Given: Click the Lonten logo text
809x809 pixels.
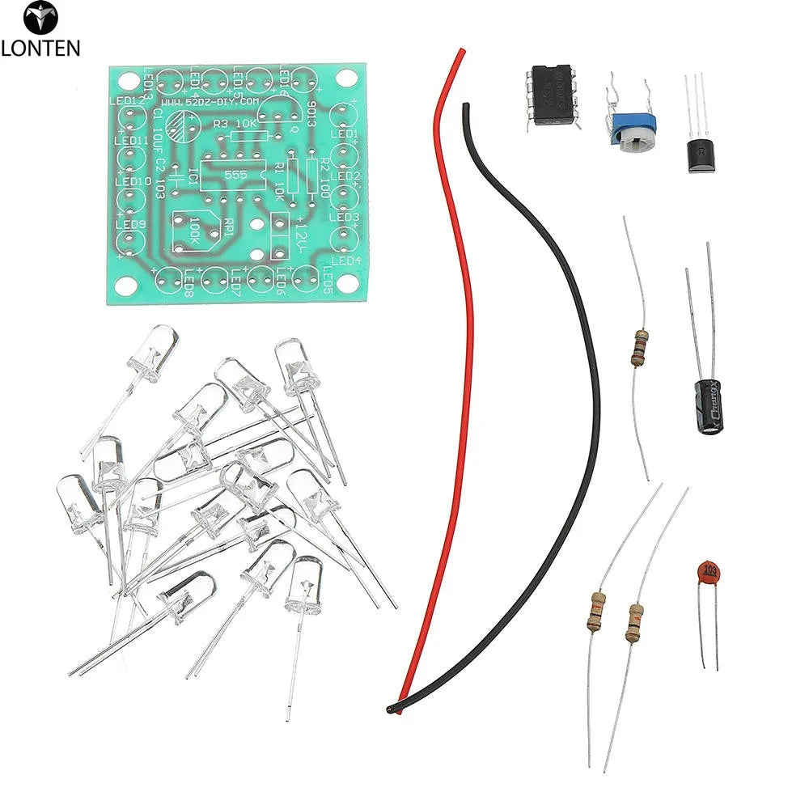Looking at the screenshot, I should click(40, 48).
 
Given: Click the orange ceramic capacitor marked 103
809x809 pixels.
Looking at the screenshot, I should click(709, 572).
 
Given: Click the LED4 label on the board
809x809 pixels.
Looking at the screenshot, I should click(346, 260).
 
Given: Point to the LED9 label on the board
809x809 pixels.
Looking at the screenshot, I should click(130, 225).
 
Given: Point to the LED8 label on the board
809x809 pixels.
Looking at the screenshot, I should click(188, 283).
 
